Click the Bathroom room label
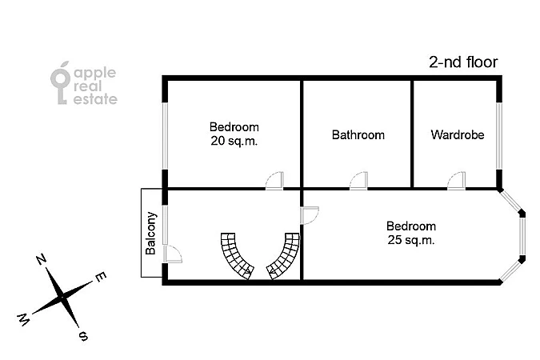click(x=358, y=134)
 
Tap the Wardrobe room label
click(x=458, y=134)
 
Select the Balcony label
click(x=151, y=234)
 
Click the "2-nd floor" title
click(x=463, y=62)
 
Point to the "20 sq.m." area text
click(x=234, y=141)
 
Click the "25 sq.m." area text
click(x=411, y=240)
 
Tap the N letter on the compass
click(x=42, y=259)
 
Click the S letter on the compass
click(x=83, y=335)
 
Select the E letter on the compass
click(x=101, y=277)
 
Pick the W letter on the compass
click(x=23, y=320)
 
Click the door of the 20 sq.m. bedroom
click(x=274, y=181)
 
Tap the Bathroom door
click(x=358, y=181)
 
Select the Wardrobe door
click(x=456, y=181)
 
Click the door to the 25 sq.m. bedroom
click(x=310, y=216)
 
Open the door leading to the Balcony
click(x=173, y=254)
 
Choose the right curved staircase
click(x=284, y=255)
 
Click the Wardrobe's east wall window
click(x=499, y=136)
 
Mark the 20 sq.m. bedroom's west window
click(x=165, y=136)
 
